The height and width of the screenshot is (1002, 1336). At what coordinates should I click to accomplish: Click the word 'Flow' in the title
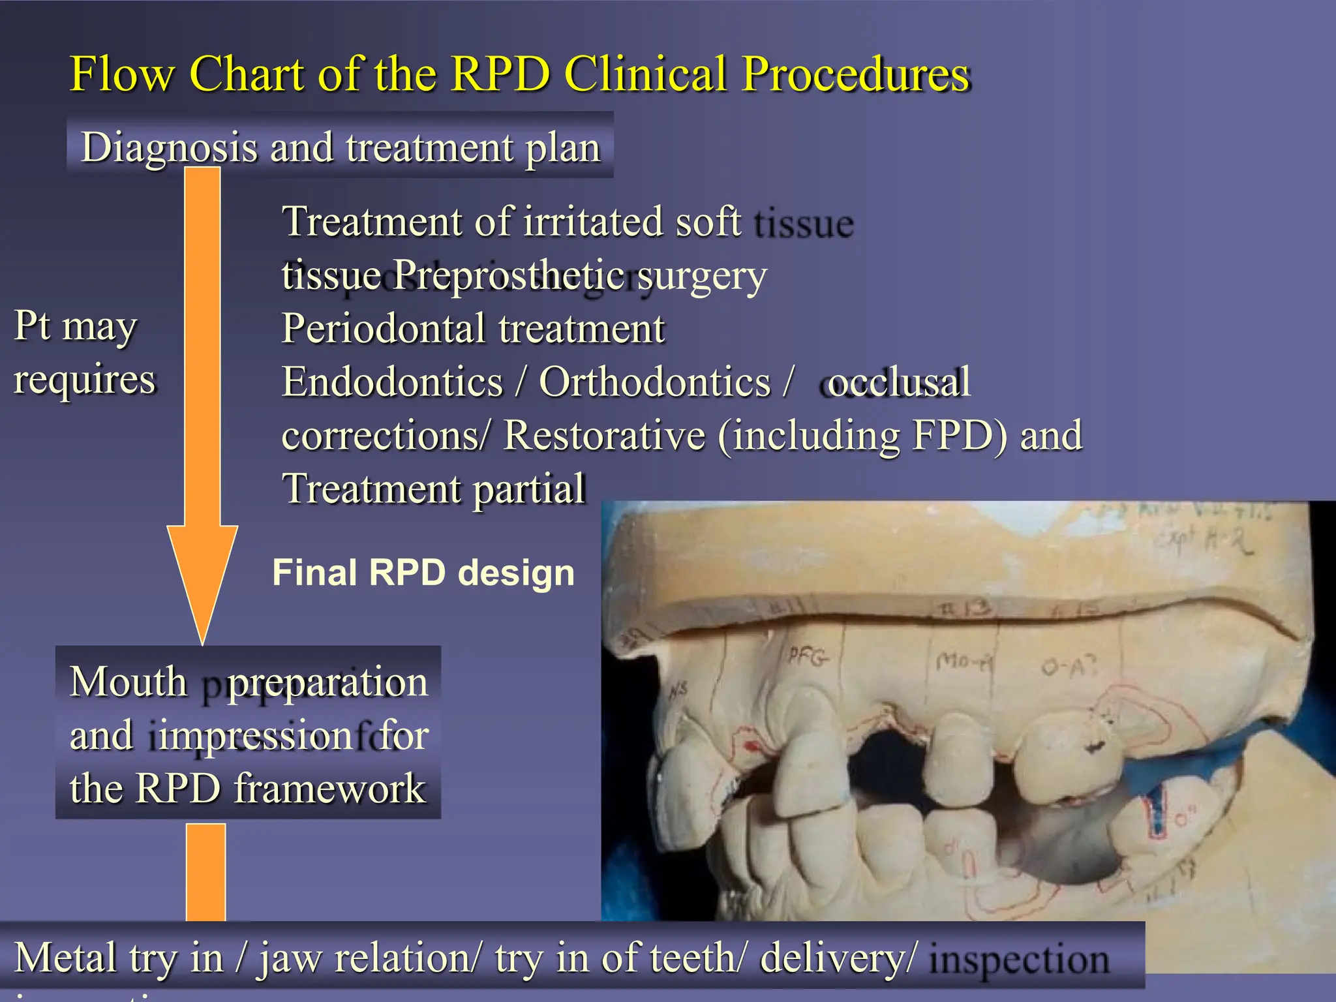pos(122,74)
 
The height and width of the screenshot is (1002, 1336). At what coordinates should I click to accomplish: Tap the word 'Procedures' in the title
pos(856,74)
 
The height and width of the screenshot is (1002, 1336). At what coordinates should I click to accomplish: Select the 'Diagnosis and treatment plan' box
pos(340,147)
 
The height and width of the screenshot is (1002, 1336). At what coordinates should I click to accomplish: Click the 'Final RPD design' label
pos(423,573)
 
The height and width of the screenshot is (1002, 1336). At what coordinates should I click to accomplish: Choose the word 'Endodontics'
pos(392,382)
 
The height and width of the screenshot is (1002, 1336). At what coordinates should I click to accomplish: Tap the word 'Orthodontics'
pos(654,382)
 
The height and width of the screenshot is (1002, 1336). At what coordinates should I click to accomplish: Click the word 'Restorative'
pos(604,435)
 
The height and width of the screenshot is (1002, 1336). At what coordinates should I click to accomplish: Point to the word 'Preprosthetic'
pos(509,275)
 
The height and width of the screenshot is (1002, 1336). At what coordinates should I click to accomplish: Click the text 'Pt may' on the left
pos(76,326)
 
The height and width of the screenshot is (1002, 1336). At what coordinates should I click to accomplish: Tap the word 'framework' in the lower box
pos(329,788)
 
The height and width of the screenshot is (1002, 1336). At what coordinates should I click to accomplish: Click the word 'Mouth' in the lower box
pos(129,682)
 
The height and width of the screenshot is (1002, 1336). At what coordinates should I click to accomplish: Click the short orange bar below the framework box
pos(205,872)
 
